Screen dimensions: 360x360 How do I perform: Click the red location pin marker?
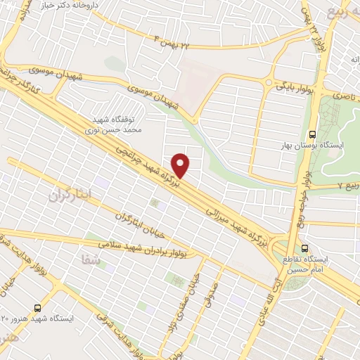tap(181, 165)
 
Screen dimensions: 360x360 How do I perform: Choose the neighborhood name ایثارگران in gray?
tap(70, 197)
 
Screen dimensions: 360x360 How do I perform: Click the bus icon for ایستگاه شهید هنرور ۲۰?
tap(37, 307)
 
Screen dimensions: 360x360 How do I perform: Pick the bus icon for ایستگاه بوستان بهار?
tap(312, 134)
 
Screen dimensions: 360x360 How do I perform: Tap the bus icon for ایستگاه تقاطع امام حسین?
tap(305, 248)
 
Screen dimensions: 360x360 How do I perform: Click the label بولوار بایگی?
tap(294, 86)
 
